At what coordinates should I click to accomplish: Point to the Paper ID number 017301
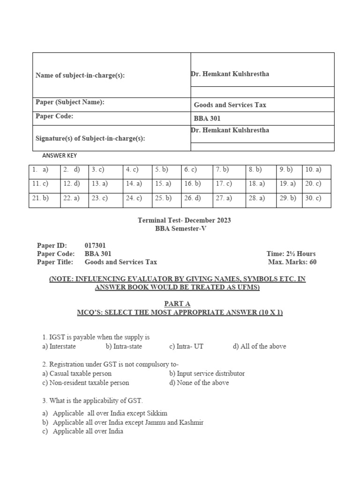98,246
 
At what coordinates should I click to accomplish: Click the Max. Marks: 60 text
292,262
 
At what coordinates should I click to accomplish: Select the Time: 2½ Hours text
291,254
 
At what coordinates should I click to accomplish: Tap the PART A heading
177,303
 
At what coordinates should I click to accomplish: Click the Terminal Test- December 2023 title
184,220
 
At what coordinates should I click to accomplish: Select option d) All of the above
259,346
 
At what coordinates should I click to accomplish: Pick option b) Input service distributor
207,374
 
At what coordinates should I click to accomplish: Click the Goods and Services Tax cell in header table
230,105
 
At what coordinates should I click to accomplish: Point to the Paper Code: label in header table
54,117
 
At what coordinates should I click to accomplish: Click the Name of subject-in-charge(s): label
80,75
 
